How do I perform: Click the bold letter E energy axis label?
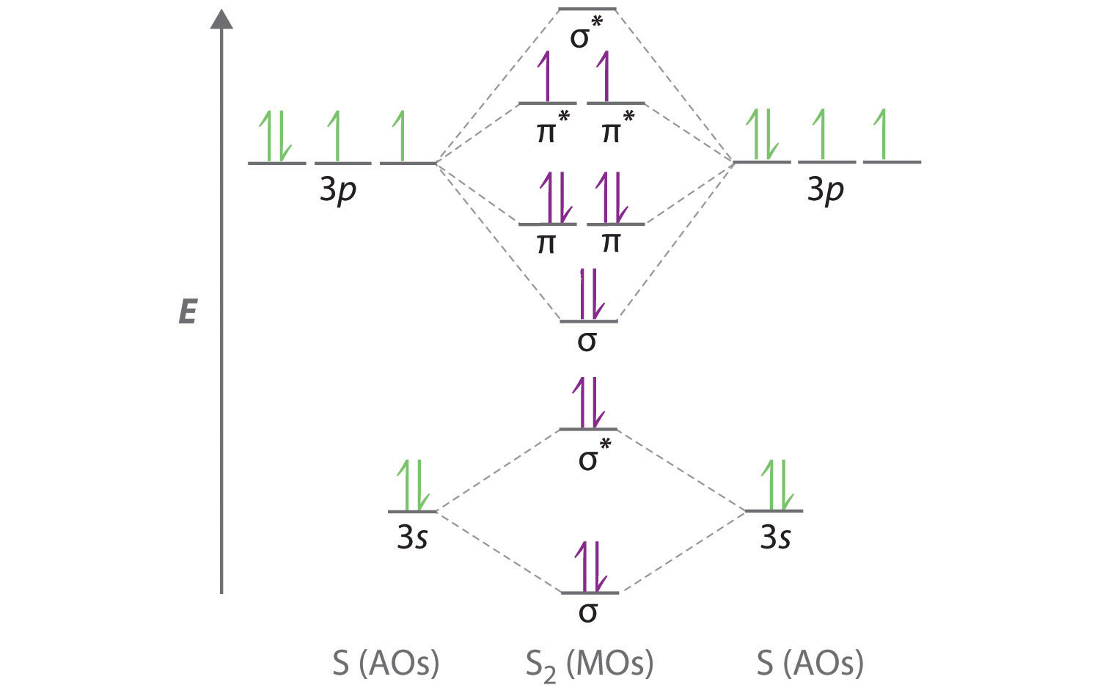pyautogui.click(x=188, y=312)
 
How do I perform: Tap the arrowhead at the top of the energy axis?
pyautogui.click(x=221, y=18)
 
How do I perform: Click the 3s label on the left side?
pyautogui.click(x=412, y=538)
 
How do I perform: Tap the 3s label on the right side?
pyautogui.click(x=775, y=538)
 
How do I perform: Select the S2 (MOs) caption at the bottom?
pyautogui.click(x=590, y=665)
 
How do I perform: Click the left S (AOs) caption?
pyautogui.click(x=386, y=663)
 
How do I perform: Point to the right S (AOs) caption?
pyautogui.click(x=810, y=663)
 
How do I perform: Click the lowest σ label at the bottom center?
pyautogui.click(x=588, y=612)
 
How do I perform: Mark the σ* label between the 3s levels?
pyautogui.click(x=595, y=455)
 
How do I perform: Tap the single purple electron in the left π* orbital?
pyautogui.click(x=544, y=76)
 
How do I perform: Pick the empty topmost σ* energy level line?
pyautogui.click(x=587, y=9)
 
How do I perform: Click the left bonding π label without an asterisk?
pyautogui.click(x=546, y=243)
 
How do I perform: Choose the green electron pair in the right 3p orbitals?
pyautogui.click(x=762, y=135)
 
